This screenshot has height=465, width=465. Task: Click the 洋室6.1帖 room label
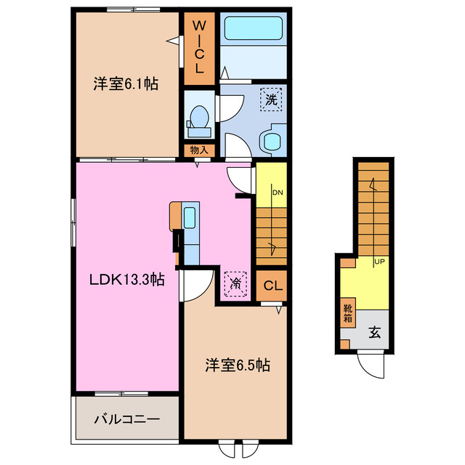(125, 84)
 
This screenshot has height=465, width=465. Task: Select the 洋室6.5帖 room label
(236, 365)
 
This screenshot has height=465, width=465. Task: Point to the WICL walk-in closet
(198, 48)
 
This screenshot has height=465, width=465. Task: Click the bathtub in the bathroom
(253, 29)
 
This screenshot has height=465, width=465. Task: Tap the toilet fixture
(198, 118)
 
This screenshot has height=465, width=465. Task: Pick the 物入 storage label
(198, 150)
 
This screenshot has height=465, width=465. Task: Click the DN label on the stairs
(277, 193)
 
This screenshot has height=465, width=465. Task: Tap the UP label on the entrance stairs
(379, 262)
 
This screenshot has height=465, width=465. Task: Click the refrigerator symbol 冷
(235, 283)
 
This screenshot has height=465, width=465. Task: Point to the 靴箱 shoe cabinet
(348, 314)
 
